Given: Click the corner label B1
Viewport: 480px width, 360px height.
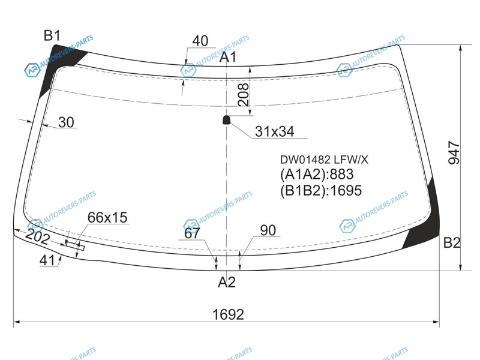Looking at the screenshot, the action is click(52, 36).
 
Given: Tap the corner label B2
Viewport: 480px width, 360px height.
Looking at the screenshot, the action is click(452, 243).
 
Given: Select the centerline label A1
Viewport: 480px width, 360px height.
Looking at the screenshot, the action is click(228, 57).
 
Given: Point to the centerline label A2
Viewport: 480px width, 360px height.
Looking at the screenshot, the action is click(227, 282).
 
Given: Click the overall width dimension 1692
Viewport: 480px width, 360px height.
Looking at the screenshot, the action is click(228, 314).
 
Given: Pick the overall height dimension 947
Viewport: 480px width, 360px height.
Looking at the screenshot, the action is click(454, 153).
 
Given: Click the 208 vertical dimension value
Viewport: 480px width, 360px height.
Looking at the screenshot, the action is click(244, 95).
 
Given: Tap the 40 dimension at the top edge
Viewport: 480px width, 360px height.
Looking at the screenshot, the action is click(200, 41).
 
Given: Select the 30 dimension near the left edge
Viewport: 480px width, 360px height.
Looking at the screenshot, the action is click(66, 122).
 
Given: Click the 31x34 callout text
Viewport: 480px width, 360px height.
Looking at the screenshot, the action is click(275, 131).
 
